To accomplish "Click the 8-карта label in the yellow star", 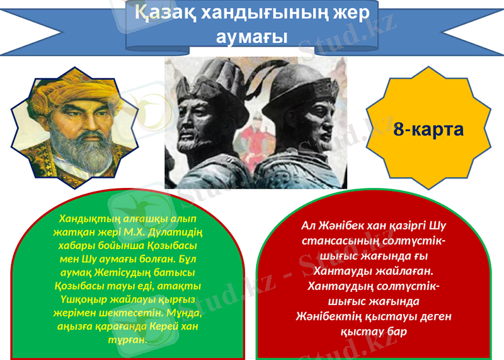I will pyautogui.click(x=428, y=130).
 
